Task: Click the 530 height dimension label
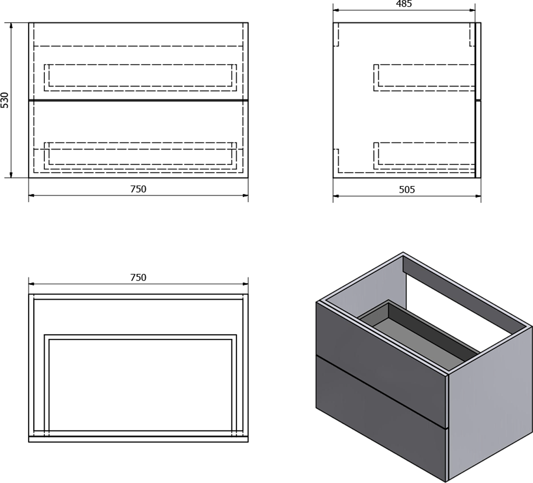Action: point(5,100)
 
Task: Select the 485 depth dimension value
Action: point(404,4)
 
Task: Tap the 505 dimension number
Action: point(407,189)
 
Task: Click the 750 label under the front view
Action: point(138,189)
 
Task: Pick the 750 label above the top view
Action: point(138,277)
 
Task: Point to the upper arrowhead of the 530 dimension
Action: point(11,26)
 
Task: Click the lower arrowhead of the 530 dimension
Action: point(11,174)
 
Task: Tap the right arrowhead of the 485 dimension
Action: point(472,11)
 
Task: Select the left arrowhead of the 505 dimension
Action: point(336,196)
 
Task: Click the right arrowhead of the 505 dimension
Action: point(478,196)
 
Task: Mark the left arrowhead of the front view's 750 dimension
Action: point(32,196)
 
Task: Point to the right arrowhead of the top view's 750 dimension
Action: point(245,284)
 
